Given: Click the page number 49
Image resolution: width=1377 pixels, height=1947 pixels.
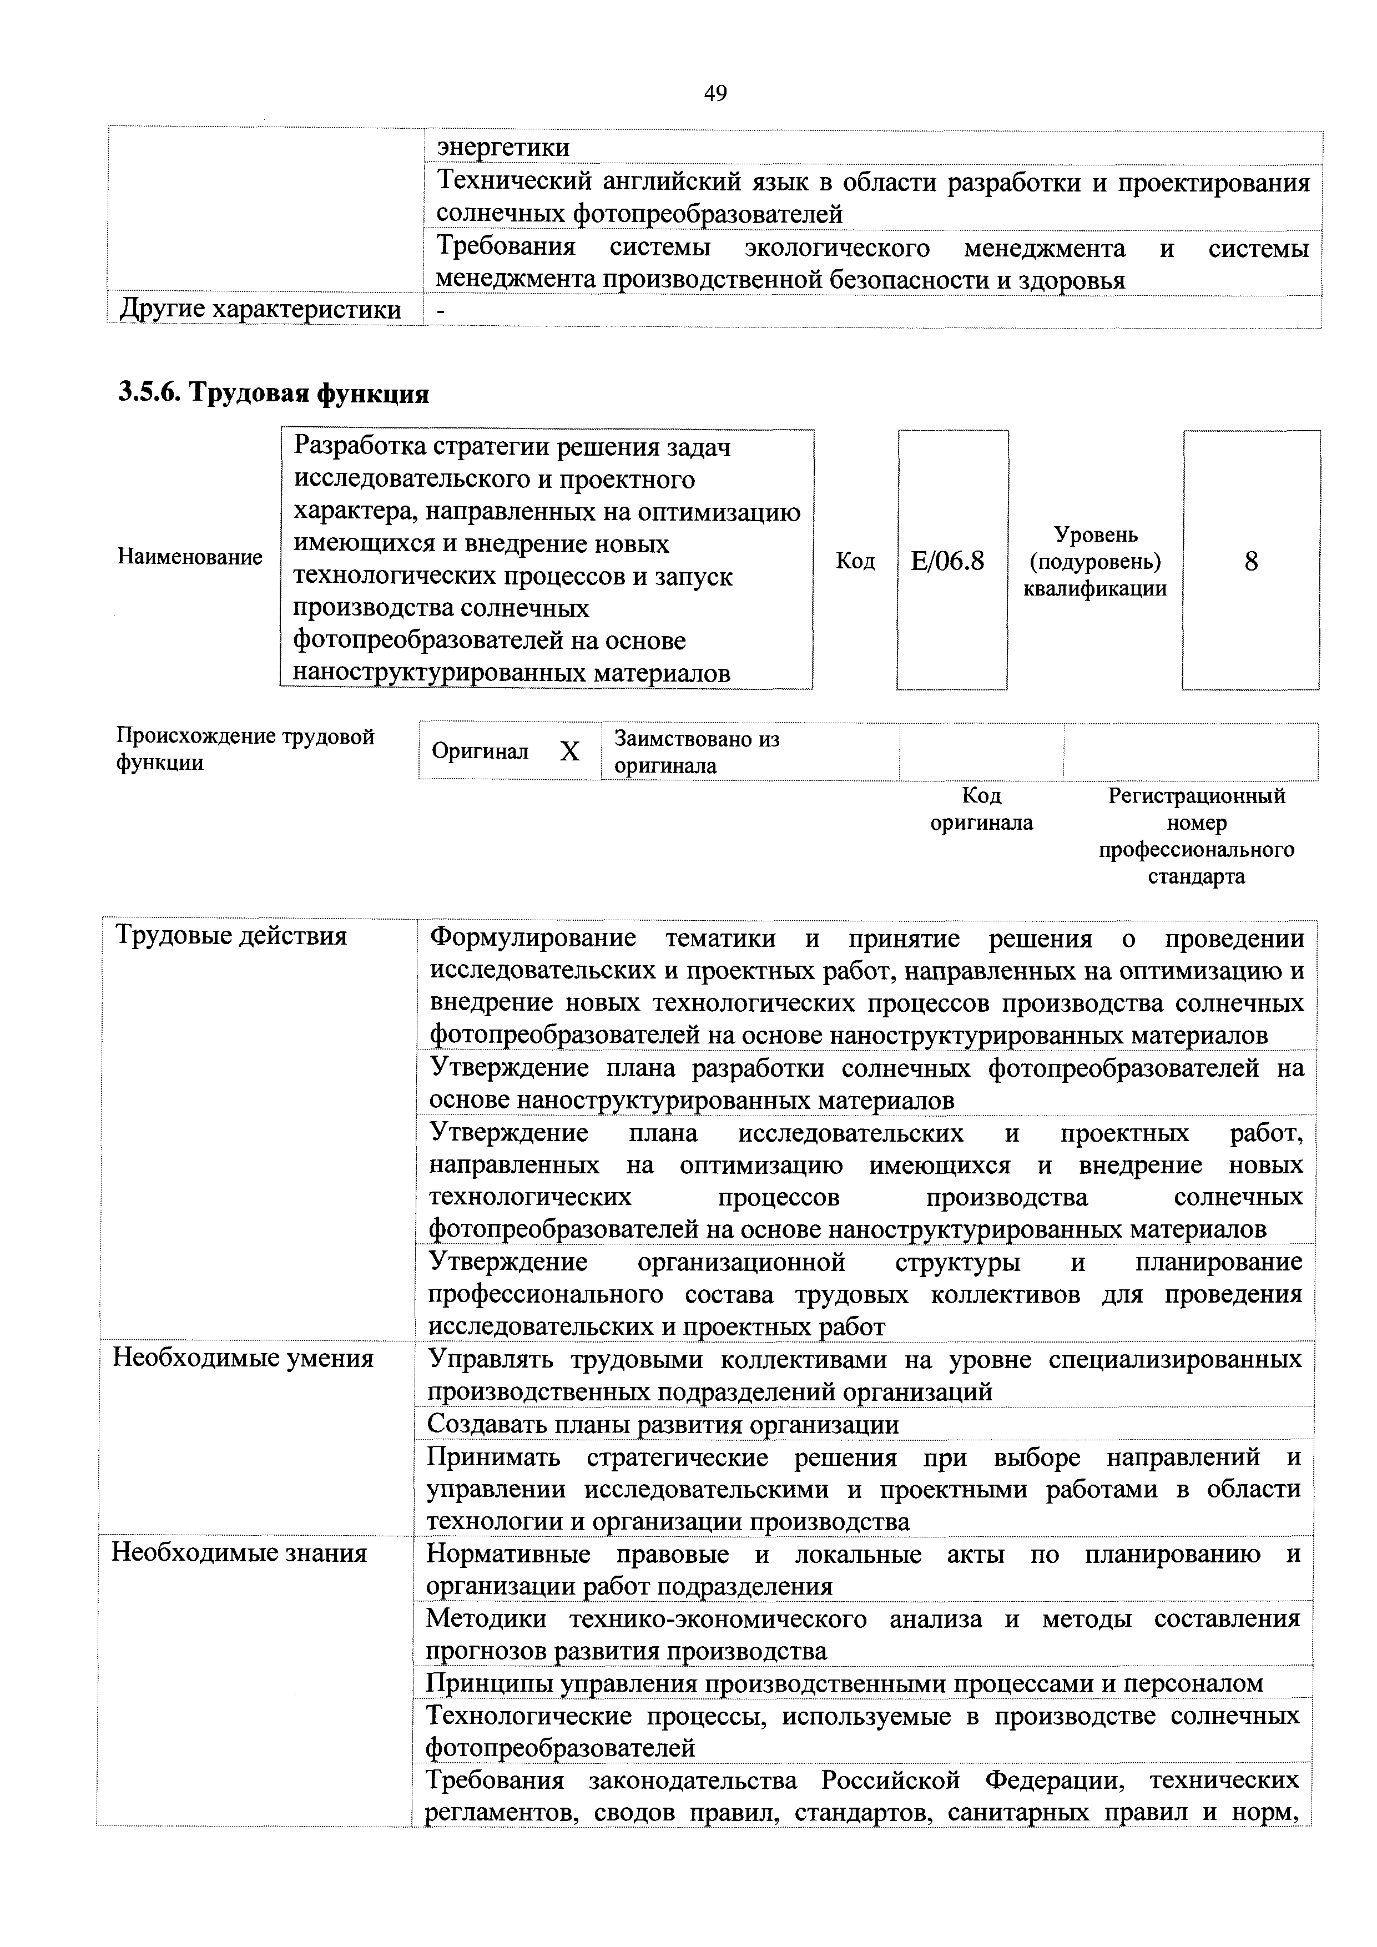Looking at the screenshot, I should click(x=715, y=93).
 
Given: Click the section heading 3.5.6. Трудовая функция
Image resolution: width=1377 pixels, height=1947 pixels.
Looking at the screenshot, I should click(x=273, y=392).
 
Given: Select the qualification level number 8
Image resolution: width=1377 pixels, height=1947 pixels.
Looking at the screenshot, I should click(x=1250, y=561).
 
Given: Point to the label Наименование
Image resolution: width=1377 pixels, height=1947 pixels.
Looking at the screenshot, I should click(x=190, y=557).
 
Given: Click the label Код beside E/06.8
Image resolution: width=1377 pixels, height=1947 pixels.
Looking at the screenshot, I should click(x=855, y=561).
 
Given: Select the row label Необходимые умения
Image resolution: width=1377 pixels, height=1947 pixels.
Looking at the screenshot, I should click(x=243, y=1359).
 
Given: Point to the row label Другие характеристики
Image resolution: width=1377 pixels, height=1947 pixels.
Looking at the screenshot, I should click(x=260, y=310).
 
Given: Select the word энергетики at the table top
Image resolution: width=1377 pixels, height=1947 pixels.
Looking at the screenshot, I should click(x=503, y=148).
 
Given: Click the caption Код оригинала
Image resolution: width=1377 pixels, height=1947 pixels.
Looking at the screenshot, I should click(x=981, y=809).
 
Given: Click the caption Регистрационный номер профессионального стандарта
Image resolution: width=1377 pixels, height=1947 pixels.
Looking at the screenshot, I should click(x=1197, y=835).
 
